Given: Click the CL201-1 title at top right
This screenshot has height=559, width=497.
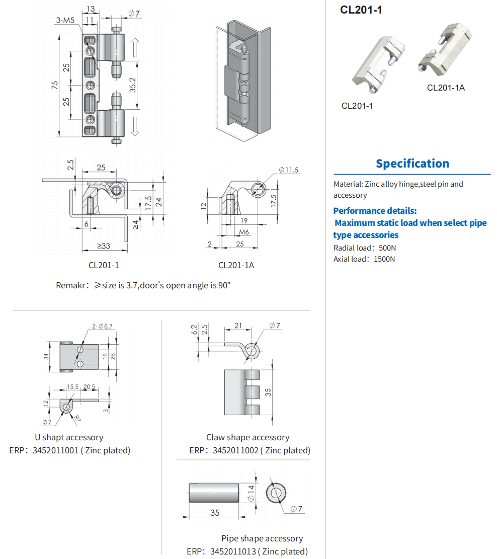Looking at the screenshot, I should (x=361, y=10).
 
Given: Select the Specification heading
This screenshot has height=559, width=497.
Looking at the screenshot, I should (x=412, y=164).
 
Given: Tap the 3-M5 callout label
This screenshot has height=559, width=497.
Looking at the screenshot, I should (x=65, y=20).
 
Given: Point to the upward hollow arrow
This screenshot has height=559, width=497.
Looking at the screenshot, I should (x=134, y=47).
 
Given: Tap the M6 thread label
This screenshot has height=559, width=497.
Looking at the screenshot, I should (x=244, y=232).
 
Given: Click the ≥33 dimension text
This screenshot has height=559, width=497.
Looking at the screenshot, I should (x=103, y=246).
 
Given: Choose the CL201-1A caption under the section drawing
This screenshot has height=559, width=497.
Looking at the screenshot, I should (x=236, y=265).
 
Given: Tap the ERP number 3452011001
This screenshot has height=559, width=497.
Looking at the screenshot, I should (x=55, y=450).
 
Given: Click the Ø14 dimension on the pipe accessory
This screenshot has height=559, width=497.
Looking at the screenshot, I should (x=252, y=493).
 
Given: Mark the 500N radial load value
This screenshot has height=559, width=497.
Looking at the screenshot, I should (x=387, y=248).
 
